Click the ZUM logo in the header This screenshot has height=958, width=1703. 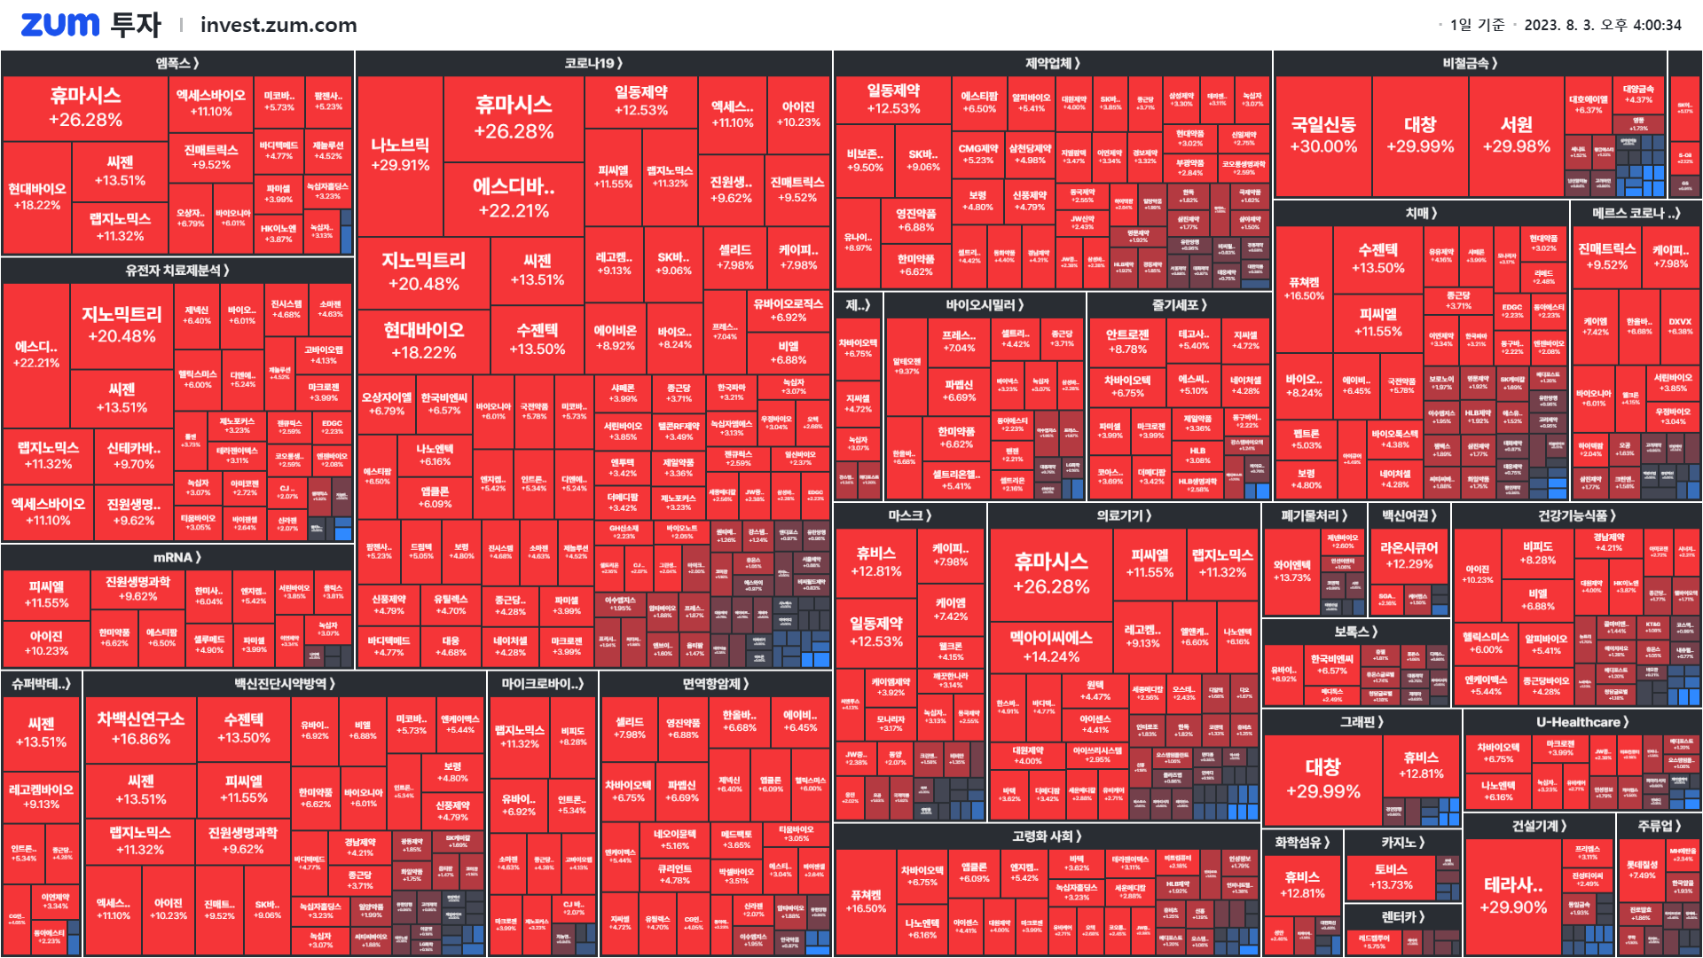60,25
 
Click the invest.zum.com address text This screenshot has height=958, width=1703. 279,25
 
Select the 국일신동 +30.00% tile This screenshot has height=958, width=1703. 1322,135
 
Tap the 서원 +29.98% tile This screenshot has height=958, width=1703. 1516,135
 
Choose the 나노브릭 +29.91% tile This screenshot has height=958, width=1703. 400,154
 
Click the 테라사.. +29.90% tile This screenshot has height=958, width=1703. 1513,895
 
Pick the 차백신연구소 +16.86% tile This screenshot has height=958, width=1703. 141,728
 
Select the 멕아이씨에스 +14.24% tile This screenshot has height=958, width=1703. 1051,647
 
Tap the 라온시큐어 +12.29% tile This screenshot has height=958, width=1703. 1409,555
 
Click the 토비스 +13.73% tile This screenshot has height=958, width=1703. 1390,876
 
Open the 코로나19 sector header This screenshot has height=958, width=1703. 593,63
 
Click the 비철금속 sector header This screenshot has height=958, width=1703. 1470,63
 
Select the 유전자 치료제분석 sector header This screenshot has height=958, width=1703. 177,270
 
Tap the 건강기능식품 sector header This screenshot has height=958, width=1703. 1576,515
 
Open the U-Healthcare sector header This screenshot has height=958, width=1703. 1581,722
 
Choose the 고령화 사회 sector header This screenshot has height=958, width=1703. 1047,836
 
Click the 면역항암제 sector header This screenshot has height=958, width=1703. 715,684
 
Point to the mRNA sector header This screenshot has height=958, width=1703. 177,557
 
